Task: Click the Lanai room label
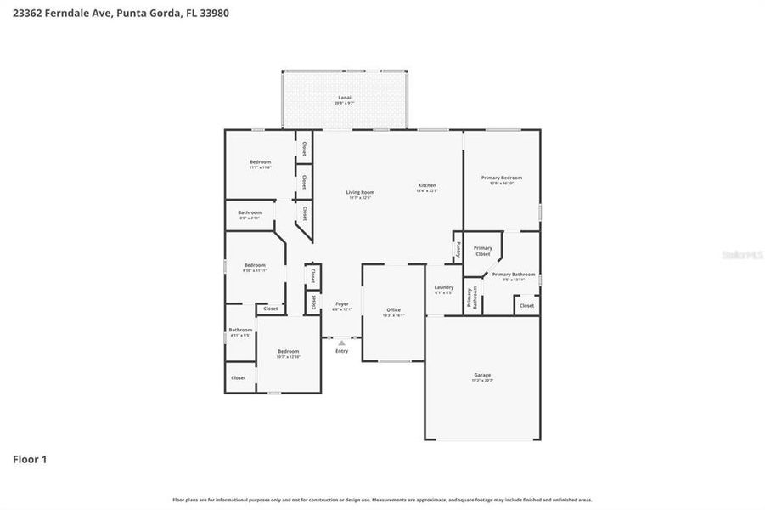pos(345,99)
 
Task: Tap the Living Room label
pos(360,192)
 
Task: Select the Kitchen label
pos(427,185)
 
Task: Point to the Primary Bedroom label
pos(502,178)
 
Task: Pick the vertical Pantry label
pos(458,249)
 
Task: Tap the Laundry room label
pos(444,287)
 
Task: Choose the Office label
pos(393,309)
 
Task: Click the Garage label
pos(482,375)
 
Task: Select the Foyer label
pos(342,303)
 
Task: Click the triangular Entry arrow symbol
pos(341,343)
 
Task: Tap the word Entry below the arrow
pos(341,351)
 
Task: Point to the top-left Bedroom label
pos(260,161)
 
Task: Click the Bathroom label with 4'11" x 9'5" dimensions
pos(240,330)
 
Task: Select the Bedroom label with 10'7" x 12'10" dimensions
pos(289,351)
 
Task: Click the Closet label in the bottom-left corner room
pos(239,377)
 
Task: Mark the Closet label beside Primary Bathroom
pos(526,305)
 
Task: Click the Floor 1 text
pos(30,459)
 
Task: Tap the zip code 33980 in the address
pos(212,13)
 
